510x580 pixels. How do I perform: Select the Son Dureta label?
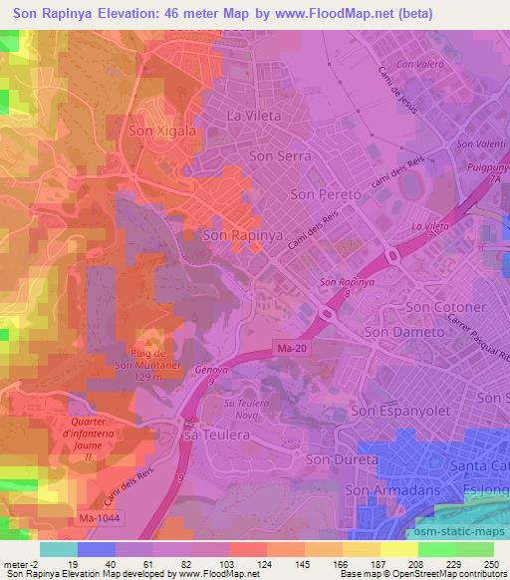tap(342, 459)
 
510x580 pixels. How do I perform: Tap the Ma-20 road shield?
tap(284, 347)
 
